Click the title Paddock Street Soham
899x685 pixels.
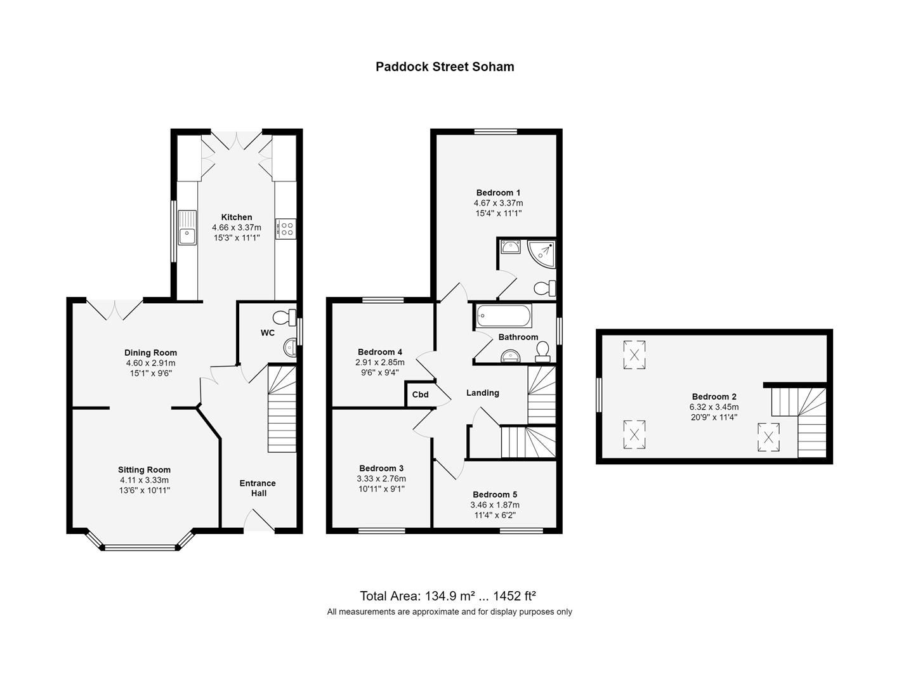click(x=445, y=67)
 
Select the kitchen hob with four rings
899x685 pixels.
click(x=285, y=228)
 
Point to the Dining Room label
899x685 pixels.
click(x=150, y=353)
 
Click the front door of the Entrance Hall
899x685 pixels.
click(x=259, y=523)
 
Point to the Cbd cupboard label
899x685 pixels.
click(x=420, y=395)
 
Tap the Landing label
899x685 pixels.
click(x=483, y=393)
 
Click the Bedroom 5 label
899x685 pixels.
click(x=495, y=494)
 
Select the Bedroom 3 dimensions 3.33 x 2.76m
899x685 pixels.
click(x=381, y=479)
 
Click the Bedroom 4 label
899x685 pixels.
click(x=380, y=352)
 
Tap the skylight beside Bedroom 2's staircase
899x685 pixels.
click(x=768, y=437)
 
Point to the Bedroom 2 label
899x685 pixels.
click(x=714, y=396)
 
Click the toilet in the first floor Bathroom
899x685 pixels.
click(x=543, y=351)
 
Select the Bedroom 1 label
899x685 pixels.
click(x=498, y=193)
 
